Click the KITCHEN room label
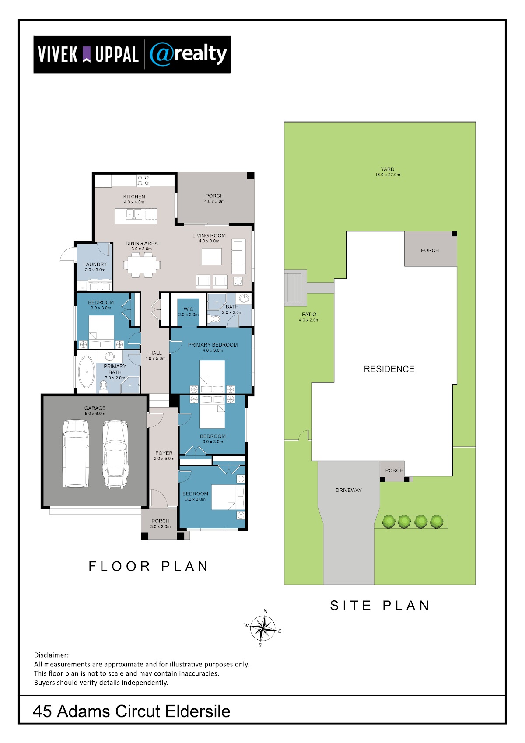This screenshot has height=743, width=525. [134, 196]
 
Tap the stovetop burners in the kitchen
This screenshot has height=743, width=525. [143, 180]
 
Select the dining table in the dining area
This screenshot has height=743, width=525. [142, 265]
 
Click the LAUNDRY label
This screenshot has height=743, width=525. [95, 264]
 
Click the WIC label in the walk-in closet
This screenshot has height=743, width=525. [189, 309]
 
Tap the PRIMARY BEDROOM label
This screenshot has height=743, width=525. [213, 345]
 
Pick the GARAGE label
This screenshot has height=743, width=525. [95, 408]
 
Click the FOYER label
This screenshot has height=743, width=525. [164, 453]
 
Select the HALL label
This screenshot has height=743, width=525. [155, 353]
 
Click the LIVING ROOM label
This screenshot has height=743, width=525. [209, 235]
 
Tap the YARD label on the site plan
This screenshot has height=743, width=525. [387, 169]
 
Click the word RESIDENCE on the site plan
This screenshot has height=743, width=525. [388, 369]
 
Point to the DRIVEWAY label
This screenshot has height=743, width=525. [348, 490]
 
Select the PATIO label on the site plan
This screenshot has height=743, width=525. [309, 314]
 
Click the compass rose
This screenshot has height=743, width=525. [262, 628]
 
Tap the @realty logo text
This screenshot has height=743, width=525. [189, 54]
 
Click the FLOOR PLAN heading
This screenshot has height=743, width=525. [148, 566]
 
